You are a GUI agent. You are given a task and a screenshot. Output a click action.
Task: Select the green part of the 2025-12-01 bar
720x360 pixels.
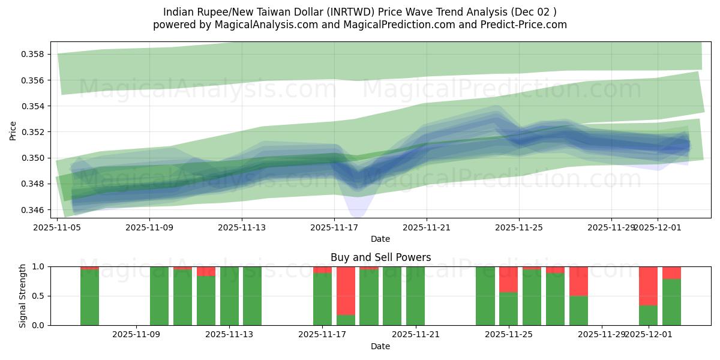tap(648, 315)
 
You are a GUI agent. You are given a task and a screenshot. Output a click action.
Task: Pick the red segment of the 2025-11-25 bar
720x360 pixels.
tap(508, 279)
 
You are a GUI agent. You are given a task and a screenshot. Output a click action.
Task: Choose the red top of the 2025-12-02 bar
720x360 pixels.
tap(671, 272)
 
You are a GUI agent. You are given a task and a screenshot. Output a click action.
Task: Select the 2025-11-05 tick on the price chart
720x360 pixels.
tap(58, 227)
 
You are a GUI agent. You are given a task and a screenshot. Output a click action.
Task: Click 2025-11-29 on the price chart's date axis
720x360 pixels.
tap(611, 227)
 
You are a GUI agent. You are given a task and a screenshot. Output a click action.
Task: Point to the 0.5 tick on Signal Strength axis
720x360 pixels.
tap(39, 296)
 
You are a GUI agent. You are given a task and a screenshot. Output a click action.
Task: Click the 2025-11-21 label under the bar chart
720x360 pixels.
tap(415, 334)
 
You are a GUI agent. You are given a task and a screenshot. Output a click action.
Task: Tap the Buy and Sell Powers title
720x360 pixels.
tap(380, 257)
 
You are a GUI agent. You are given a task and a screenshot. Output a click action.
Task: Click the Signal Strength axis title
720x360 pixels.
tap(22, 296)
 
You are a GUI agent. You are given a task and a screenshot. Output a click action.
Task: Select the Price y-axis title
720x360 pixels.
tap(13, 130)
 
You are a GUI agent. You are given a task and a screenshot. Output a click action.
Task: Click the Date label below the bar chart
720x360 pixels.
tap(380, 346)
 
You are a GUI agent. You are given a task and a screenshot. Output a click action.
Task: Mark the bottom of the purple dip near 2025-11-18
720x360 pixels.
tap(356, 217)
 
